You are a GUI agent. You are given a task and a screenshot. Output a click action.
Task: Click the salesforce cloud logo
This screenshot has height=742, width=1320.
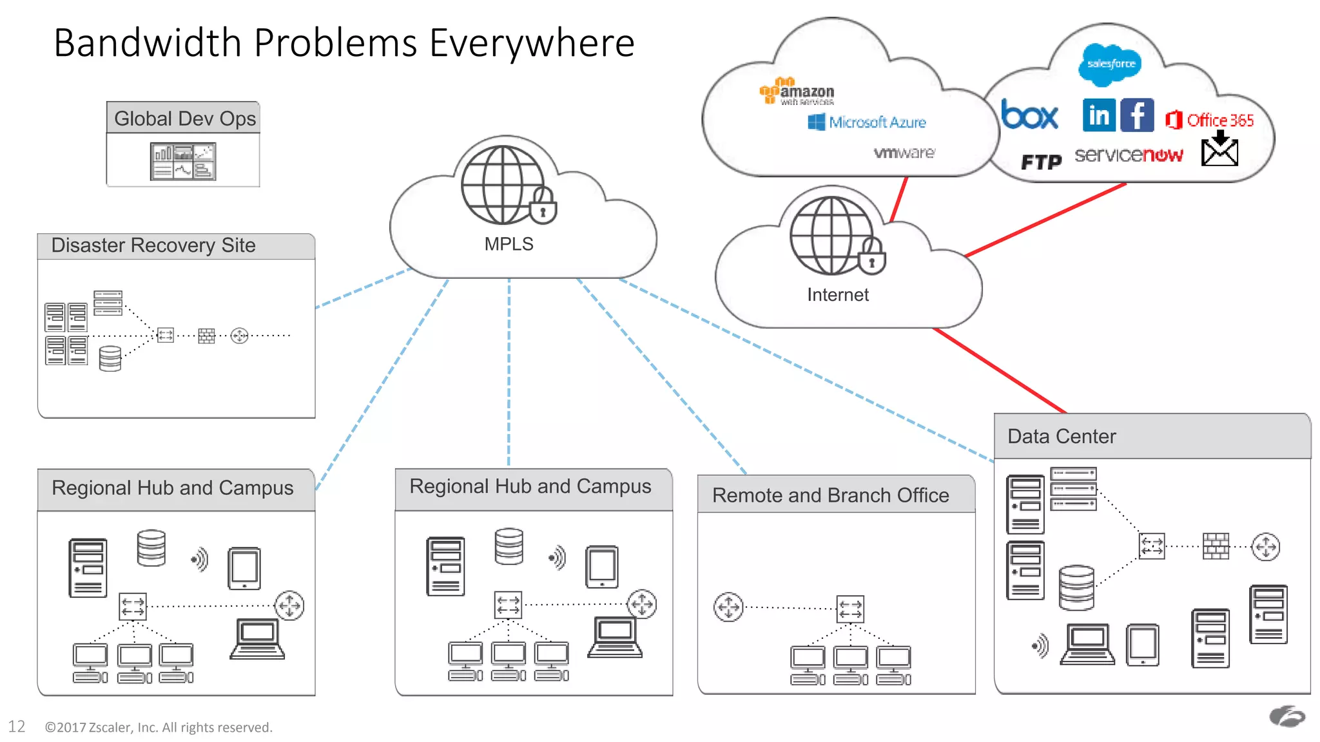(x=1110, y=64)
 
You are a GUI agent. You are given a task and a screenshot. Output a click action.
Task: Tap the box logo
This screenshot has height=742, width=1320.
(x=1029, y=116)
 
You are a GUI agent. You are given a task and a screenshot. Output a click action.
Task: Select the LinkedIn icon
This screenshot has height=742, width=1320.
(x=1099, y=115)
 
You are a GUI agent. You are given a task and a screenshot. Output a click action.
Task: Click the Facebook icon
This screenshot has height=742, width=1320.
(x=1137, y=115)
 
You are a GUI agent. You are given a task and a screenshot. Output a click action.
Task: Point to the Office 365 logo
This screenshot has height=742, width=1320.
(x=1210, y=120)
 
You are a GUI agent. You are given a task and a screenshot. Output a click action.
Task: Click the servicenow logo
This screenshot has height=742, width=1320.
(x=1129, y=155)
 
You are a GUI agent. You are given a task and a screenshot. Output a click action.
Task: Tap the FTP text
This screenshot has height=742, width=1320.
(x=1041, y=162)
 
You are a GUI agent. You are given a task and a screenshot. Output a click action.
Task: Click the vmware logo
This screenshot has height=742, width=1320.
(x=904, y=153)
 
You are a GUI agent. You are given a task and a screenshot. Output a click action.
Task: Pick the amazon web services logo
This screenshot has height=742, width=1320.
(x=797, y=92)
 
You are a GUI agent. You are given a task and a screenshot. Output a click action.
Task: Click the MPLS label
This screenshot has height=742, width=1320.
(x=509, y=244)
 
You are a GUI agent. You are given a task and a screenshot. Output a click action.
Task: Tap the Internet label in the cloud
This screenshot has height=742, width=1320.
(x=837, y=295)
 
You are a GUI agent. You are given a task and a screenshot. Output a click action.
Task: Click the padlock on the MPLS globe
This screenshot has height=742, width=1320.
(x=543, y=207)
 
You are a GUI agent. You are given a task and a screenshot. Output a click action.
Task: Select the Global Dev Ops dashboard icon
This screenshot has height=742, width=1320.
(x=183, y=161)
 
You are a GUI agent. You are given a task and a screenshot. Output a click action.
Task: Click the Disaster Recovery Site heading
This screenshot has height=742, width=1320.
(x=153, y=245)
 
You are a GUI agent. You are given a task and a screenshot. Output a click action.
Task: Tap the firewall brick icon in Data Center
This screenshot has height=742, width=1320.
(x=1216, y=546)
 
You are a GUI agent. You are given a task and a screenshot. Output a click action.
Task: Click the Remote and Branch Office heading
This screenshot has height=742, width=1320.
(x=830, y=495)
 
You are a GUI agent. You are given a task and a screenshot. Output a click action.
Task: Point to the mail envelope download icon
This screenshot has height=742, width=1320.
(x=1219, y=149)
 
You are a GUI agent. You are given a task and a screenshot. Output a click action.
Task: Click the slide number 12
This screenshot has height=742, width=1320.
(x=17, y=727)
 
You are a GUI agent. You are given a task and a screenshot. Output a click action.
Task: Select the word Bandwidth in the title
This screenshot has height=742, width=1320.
(x=147, y=43)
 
